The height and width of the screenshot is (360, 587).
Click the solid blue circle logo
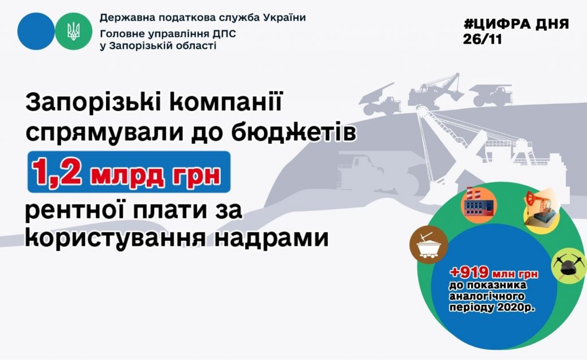[x=36, y=31]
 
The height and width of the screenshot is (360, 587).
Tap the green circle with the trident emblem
[x=73, y=31]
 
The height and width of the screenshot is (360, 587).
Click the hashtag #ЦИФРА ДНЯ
[x=516, y=24]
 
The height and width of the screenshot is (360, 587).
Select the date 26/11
[x=482, y=40]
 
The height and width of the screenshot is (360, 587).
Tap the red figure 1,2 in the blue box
[x=57, y=172]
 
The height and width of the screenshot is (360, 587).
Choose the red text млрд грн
[x=155, y=175]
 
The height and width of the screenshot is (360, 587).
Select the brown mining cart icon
[x=429, y=245]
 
